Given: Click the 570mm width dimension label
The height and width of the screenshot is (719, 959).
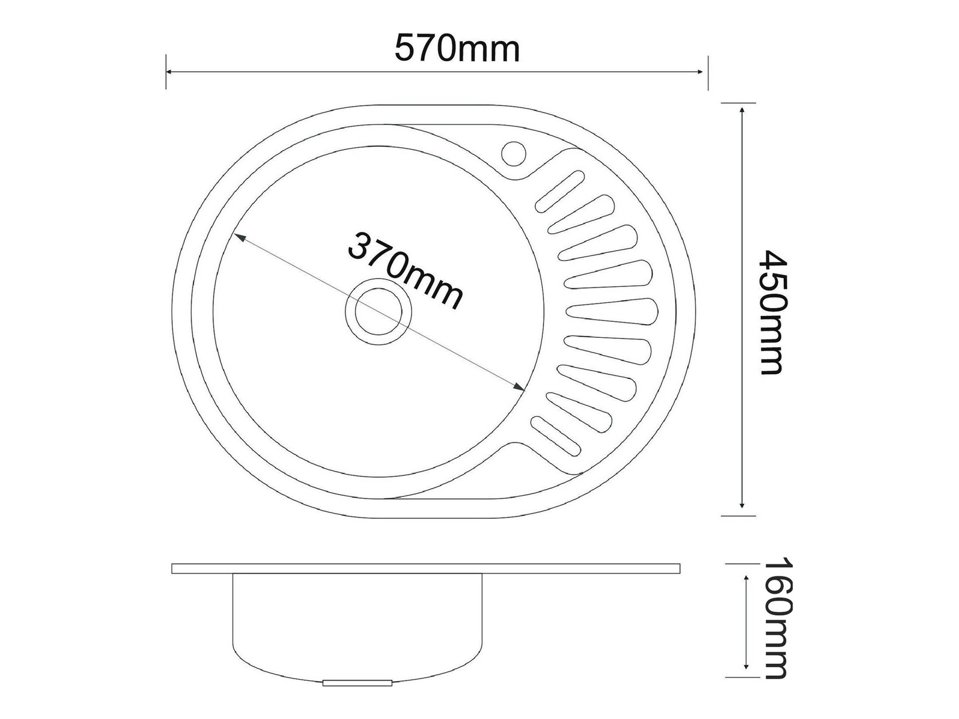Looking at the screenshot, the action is point(457,49).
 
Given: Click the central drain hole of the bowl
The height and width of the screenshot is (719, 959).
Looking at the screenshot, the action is point(378,312).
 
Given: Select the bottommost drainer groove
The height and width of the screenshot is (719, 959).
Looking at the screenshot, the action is point(555,437).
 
